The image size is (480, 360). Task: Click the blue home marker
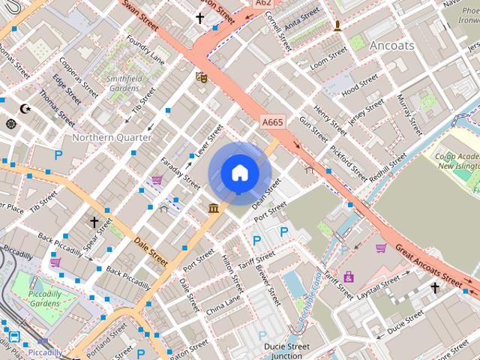tap(239, 173)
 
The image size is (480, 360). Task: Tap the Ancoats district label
tap(391, 45)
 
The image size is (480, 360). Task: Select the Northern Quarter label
tap(112, 137)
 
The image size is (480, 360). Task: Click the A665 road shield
tap(273, 121)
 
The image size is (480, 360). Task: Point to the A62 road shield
tap(262, 3)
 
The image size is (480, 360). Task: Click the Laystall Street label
tap(379, 285)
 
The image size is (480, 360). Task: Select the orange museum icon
tap(214, 207)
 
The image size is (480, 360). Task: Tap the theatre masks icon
tap(200, 76)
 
